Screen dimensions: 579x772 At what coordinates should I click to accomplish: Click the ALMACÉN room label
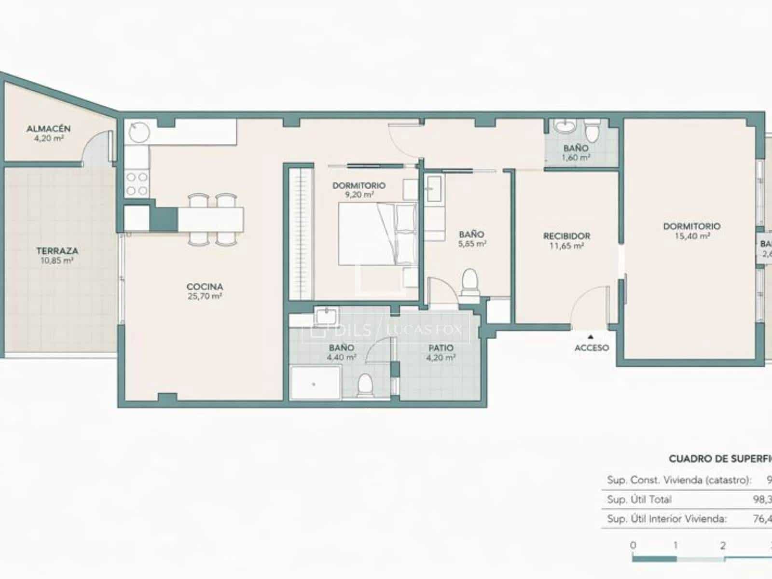coord(48,129)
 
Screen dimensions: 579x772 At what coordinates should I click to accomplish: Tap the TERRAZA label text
coord(57,251)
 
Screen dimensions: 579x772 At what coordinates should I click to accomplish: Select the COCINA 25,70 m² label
coord(205,291)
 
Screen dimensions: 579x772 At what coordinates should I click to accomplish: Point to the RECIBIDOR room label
coord(566,236)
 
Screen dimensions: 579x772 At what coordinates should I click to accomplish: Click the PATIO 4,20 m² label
coord(441,353)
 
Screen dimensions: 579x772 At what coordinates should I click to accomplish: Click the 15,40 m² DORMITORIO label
coord(691,231)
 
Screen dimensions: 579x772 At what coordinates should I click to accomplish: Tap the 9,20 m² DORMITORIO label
coord(358,190)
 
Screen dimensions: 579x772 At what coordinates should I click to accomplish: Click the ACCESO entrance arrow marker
coord(590,337)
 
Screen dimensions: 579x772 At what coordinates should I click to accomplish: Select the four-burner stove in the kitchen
coord(137,184)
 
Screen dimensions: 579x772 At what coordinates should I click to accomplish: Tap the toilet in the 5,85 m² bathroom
coord(469,281)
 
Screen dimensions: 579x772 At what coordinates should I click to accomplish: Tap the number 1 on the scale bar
coord(675,545)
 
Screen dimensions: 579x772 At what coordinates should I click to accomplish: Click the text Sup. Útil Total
coord(639,499)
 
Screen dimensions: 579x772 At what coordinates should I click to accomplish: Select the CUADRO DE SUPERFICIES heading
coord(719,459)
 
